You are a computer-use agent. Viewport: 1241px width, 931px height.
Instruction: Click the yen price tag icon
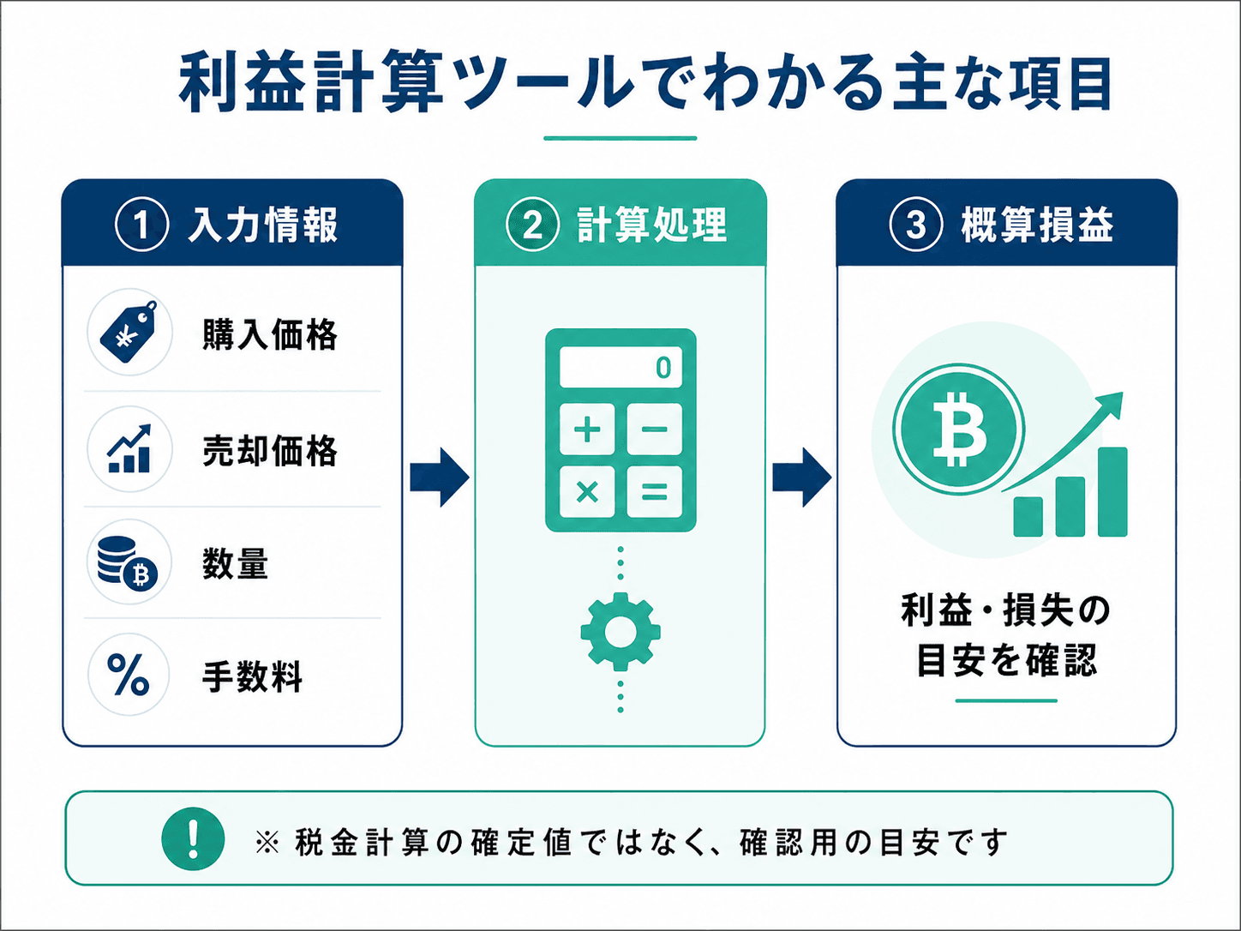coord(129,331)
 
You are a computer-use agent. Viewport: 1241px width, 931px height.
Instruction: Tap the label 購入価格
coord(270,334)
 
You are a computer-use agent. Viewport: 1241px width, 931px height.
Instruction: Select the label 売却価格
coord(270,451)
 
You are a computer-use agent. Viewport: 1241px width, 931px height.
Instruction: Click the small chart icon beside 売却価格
coord(129,448)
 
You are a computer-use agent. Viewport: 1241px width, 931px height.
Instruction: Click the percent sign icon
coord(129,675)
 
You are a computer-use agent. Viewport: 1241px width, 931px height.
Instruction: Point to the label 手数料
coord(252,676)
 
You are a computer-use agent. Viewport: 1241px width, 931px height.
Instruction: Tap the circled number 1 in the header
coord(142,225)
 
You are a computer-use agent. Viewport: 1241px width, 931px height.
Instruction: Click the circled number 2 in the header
coord(532,225)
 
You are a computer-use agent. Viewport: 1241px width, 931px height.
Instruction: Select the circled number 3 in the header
coord(916,225)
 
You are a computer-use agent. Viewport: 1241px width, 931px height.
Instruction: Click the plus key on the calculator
coord(587,429)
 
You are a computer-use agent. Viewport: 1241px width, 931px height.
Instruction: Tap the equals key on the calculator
coord(654,492)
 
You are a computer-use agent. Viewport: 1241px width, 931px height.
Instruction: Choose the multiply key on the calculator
coord(587,492)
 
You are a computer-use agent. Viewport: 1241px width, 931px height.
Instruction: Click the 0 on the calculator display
coord(663,368)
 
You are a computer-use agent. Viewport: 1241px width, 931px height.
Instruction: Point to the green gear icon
coord(620,632)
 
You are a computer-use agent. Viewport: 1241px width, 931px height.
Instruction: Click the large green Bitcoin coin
coord(958,429)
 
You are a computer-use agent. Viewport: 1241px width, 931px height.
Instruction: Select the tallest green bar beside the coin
coord(1112,492)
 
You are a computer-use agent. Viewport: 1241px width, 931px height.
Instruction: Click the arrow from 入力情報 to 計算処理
coord(440,478)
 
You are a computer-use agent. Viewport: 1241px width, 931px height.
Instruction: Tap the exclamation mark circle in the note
coord(193,838)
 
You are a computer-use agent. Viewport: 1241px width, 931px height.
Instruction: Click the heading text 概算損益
coord(1037,225)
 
